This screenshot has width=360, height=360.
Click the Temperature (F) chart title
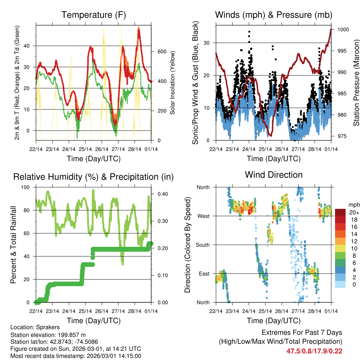(94, 15)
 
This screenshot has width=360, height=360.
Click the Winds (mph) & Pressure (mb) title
(274, 15)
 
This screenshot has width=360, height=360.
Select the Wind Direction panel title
(274, 174)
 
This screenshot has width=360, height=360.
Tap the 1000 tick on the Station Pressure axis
(342, 30)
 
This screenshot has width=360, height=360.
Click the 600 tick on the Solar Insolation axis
(161, 51)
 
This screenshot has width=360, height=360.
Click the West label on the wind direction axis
(203, 216)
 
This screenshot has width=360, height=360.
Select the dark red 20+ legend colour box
(340, 212)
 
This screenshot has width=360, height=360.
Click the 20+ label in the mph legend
(353, 212)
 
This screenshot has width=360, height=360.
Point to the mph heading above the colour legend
(354, 204)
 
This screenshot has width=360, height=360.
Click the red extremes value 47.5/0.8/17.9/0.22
(314, 351)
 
